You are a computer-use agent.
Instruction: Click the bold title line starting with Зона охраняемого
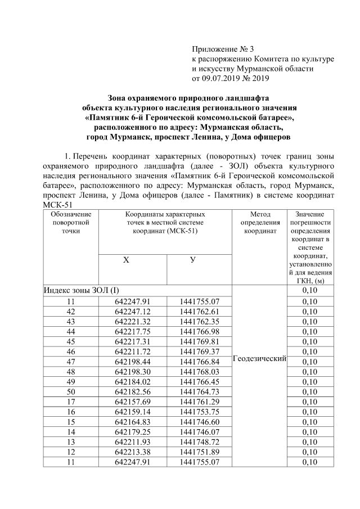189,98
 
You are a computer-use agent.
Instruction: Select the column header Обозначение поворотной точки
71,222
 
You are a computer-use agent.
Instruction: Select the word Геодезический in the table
259,358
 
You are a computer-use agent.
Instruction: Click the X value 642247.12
133,311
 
